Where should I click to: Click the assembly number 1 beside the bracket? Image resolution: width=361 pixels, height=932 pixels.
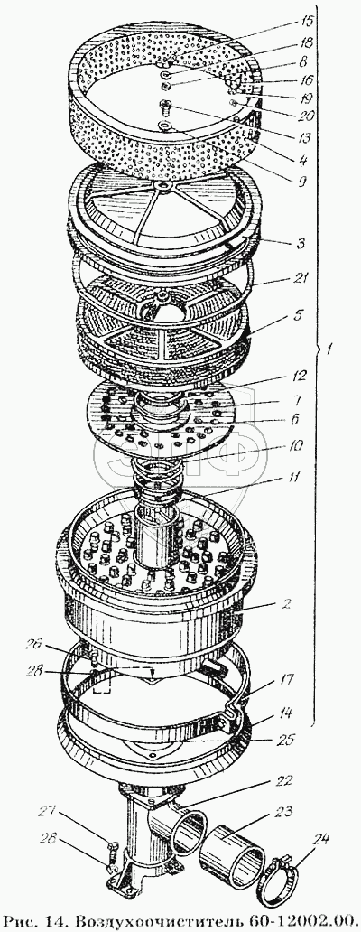(x=329, y=350)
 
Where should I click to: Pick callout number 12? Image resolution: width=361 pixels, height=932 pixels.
(x=300, y=376)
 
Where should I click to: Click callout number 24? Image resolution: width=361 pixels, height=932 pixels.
(x=319, y=839)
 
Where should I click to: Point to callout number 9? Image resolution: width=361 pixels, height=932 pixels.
(x=301, y=182)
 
